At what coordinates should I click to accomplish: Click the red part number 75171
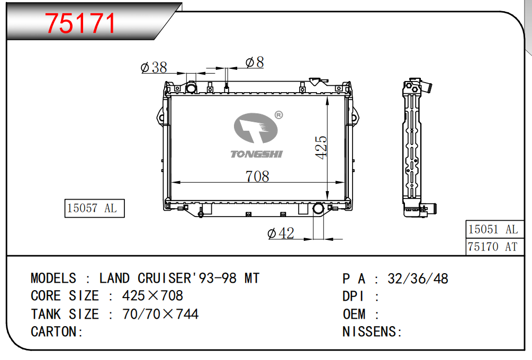[80, 23]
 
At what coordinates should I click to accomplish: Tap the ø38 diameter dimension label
[154, 67]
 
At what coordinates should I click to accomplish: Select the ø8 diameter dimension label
[255, 62]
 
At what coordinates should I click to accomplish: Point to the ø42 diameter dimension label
[281, 233]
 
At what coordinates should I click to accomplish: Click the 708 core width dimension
[257, 176]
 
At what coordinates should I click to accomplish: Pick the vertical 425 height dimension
[321, 147]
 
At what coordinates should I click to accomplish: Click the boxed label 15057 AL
[95, 209]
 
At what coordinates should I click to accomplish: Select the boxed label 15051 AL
[494, 229]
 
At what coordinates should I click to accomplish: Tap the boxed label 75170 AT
[494, 247]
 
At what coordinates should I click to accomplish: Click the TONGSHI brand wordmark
[257, 155]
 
